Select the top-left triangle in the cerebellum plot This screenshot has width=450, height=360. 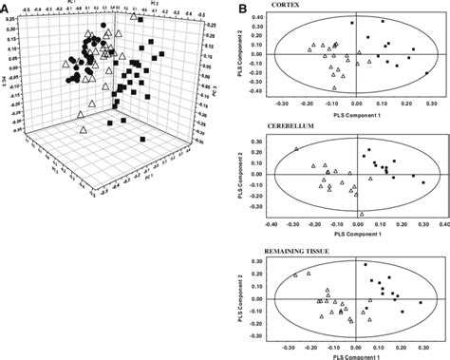tap(297, 149)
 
